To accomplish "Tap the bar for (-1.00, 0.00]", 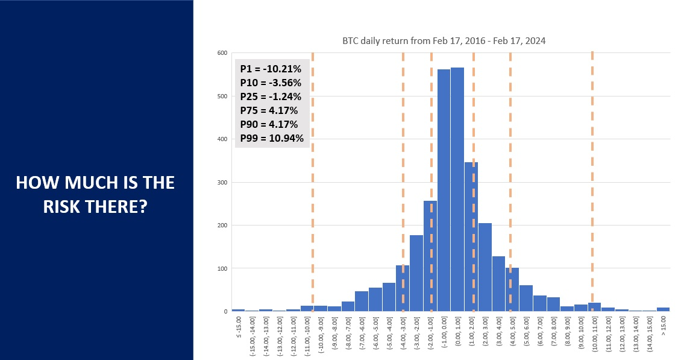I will pos(444,190).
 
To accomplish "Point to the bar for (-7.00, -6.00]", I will pos(362,301).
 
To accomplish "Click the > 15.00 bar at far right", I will pos(663,309).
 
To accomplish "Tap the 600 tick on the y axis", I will pos(223,53).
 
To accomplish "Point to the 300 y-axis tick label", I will pos(223,182).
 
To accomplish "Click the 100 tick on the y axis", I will pos(223,268).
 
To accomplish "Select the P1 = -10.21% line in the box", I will pos(271,69).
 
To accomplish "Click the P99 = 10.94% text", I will pos(271,139).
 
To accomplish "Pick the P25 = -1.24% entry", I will pos(271,96).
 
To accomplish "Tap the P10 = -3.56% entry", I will pos(271,83).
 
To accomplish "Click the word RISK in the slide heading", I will pos(66,206).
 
